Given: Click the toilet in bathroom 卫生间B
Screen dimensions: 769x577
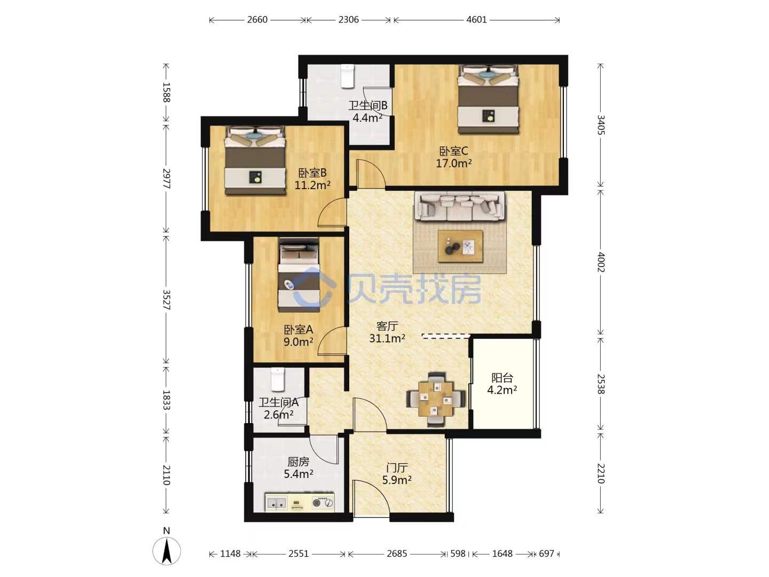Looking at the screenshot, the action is coord(348,76).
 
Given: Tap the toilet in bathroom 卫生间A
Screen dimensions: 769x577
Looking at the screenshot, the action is coord(278,379).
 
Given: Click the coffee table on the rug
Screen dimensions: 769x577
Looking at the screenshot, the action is coord(460,246).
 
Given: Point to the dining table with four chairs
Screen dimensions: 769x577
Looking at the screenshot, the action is coord(436,400).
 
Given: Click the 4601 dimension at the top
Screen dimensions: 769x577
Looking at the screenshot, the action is coord(476,20).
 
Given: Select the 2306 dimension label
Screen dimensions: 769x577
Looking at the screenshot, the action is coord(348,20).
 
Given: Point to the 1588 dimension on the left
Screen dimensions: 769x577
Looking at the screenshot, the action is coord(167,92).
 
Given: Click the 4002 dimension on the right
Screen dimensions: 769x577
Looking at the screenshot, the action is coord(600,262).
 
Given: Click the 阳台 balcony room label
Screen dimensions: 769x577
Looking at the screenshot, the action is coord(502,378).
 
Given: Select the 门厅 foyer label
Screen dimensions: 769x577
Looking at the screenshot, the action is coord(397,467).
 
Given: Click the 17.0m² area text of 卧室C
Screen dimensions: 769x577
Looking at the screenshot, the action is coord(453,163).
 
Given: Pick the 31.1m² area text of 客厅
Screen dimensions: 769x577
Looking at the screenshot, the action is coord(387,338).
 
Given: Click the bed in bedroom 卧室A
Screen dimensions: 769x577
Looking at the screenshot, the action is coord(299,274).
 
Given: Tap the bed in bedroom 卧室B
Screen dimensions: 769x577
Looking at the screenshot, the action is coord(254,160).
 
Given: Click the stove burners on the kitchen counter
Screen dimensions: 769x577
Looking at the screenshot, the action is coord(323,503).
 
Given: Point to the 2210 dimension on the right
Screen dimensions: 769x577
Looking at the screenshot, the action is coord(600,473).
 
